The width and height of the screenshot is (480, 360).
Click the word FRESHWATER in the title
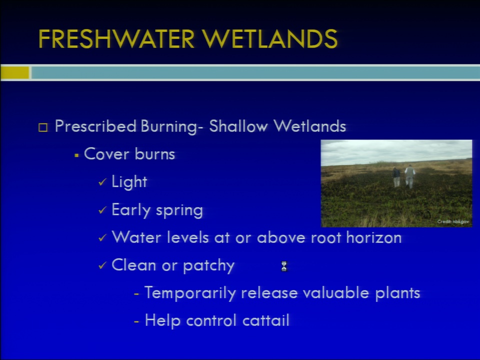tap(116, 39)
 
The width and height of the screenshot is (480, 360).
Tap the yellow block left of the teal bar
tap(14, 73)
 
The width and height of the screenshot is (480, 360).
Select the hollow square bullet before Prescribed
tap(43, 127)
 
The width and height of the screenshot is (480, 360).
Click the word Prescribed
tap(95, 126)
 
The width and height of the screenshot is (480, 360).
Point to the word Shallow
tap(238, 126)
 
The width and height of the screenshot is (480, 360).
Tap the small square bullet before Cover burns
tap(76, 155)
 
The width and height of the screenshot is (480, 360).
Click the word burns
tap(154, 153)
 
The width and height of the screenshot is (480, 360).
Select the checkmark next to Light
tap(102, 182)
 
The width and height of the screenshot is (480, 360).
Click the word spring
tap(179, 210)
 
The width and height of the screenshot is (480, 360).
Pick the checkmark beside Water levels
tap(102, 238)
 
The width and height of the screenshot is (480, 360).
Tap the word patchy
tap(209, 265)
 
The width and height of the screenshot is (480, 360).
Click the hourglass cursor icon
tap(284, 266)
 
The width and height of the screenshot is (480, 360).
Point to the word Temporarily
tap(190, 293)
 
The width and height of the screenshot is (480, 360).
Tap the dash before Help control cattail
tap(136, 321)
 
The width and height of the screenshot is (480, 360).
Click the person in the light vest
tap(409, 176)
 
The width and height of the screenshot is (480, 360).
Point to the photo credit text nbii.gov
tap(453, 221)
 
